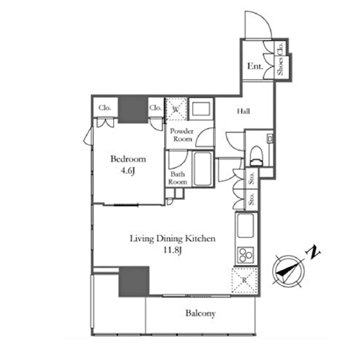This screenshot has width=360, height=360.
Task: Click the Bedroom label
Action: [128, 159]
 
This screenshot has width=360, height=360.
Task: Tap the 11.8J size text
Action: [172, 251]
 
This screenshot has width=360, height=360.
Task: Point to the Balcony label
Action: [200, 313]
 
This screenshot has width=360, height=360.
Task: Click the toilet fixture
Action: [256, 156]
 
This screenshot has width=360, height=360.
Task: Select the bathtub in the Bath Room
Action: [203, 168]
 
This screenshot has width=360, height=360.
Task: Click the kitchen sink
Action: [245, 225]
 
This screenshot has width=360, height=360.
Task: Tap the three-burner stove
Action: [246, 255]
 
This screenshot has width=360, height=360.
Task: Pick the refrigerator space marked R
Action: [245, 280]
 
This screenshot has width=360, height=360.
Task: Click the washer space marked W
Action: [176, 109]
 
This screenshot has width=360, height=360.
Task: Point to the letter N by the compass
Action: [312, 252]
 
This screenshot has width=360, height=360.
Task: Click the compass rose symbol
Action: [289, 271]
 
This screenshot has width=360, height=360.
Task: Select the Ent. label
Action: [255, 66]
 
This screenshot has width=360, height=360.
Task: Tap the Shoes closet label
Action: [280, 66]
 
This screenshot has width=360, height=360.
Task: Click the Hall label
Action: [243, 112]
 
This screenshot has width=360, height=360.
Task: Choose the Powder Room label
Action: [181, 135]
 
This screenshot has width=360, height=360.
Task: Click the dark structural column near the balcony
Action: [134, 282]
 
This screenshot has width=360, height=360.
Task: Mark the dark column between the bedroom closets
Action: [132, 110]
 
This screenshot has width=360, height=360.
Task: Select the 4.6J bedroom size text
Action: [127, 171]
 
